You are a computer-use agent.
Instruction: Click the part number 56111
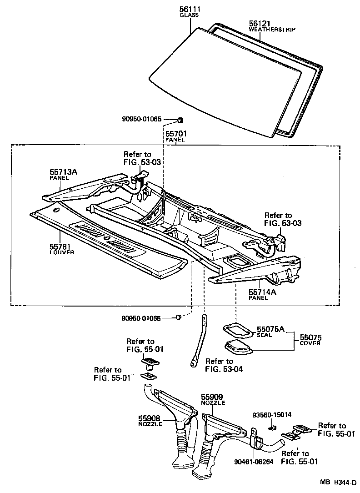click(x=190, y=10)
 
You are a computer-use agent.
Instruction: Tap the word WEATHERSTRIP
click(x=272, y=30)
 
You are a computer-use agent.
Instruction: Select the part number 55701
click(x=175, y=134)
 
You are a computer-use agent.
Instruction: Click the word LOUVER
click(x=61, y=252)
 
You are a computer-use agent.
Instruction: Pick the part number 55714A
click(x=262, y=292)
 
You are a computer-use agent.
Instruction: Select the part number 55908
click(x=150, y=418)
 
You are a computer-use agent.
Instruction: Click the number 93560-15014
click(x=272, y=415)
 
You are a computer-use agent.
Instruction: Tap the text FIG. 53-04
click(x=224, y=369)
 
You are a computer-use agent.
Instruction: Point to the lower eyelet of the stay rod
click(x=193, y=364)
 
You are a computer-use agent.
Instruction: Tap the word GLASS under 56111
click(x=189, y=15)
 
